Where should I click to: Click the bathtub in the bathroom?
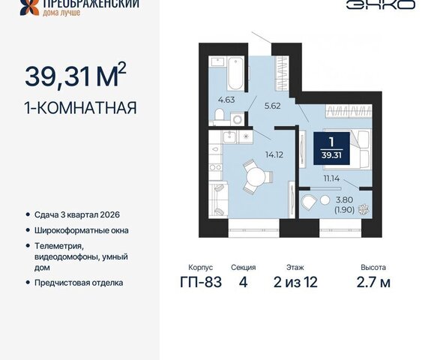(x=235, y=73)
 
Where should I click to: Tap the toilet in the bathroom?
(x=219, y=115)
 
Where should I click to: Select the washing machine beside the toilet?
(x=238, y=119)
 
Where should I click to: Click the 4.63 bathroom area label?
(x=226, y=100)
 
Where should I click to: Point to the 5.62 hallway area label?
(x=273, y=106)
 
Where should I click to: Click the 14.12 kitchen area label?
(x=274, y=154)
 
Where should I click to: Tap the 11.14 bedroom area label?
(x=331, y=178)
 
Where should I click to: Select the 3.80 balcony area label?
(x=344, y=199)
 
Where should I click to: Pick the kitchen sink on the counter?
(x=230, y=137)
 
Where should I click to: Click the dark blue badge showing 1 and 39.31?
(x=331, y=148)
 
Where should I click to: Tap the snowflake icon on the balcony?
(x=364, y=209)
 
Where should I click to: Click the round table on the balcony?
(x=325, y=200)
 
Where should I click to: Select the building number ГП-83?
(x=201, y=282)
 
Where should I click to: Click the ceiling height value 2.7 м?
(x=373, y=282)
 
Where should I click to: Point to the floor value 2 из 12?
(x=295, y=282)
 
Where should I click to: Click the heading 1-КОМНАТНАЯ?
(x=80, y=108)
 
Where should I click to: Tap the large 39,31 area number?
(x=58, y=76)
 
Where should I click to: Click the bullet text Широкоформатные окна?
(x=82, y=230)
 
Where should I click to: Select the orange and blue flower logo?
(x=29, y=7)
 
